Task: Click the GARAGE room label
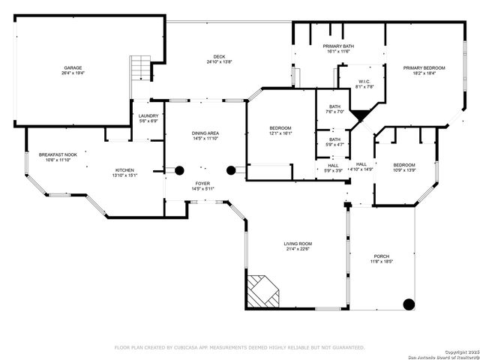coord(73,67)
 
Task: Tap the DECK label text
coord(219,56)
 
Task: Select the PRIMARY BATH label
coord(339,46)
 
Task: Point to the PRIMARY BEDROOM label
coord(424,68)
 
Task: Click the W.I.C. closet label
coord(364,81)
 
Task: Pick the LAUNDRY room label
coord(148,115)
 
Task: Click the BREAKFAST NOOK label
coord(58,154)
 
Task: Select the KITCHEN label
coord(124,170)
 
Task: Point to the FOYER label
coord(203,183)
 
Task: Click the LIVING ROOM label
coord(297,244)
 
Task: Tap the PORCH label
coord(382,256)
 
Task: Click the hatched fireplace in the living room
coord(262,290)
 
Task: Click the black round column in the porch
coord(409,304)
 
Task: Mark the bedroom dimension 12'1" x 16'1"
coord(280,133)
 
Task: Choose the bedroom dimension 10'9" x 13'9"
coord(404,170)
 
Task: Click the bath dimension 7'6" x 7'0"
coord(334,112)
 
